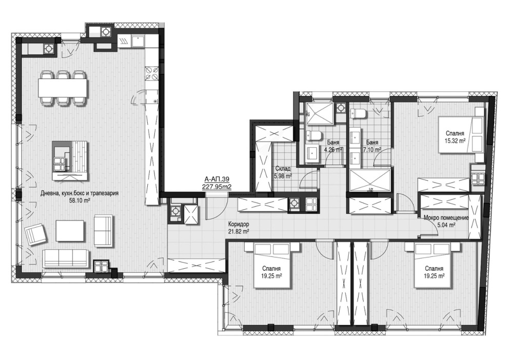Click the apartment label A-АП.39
click(216, 179)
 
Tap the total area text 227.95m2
click(216, 186)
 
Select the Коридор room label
click(239, 225)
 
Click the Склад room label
click(283, 169)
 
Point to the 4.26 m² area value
click(333, 150)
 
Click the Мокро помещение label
click(446, 218)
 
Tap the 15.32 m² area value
click(455, 141)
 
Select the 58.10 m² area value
click(80, 201)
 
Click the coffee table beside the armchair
click(70, 231)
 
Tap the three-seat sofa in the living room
click(66, 258)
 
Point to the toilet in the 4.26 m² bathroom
click(314, 135)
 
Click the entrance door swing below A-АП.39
click(216, 208)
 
